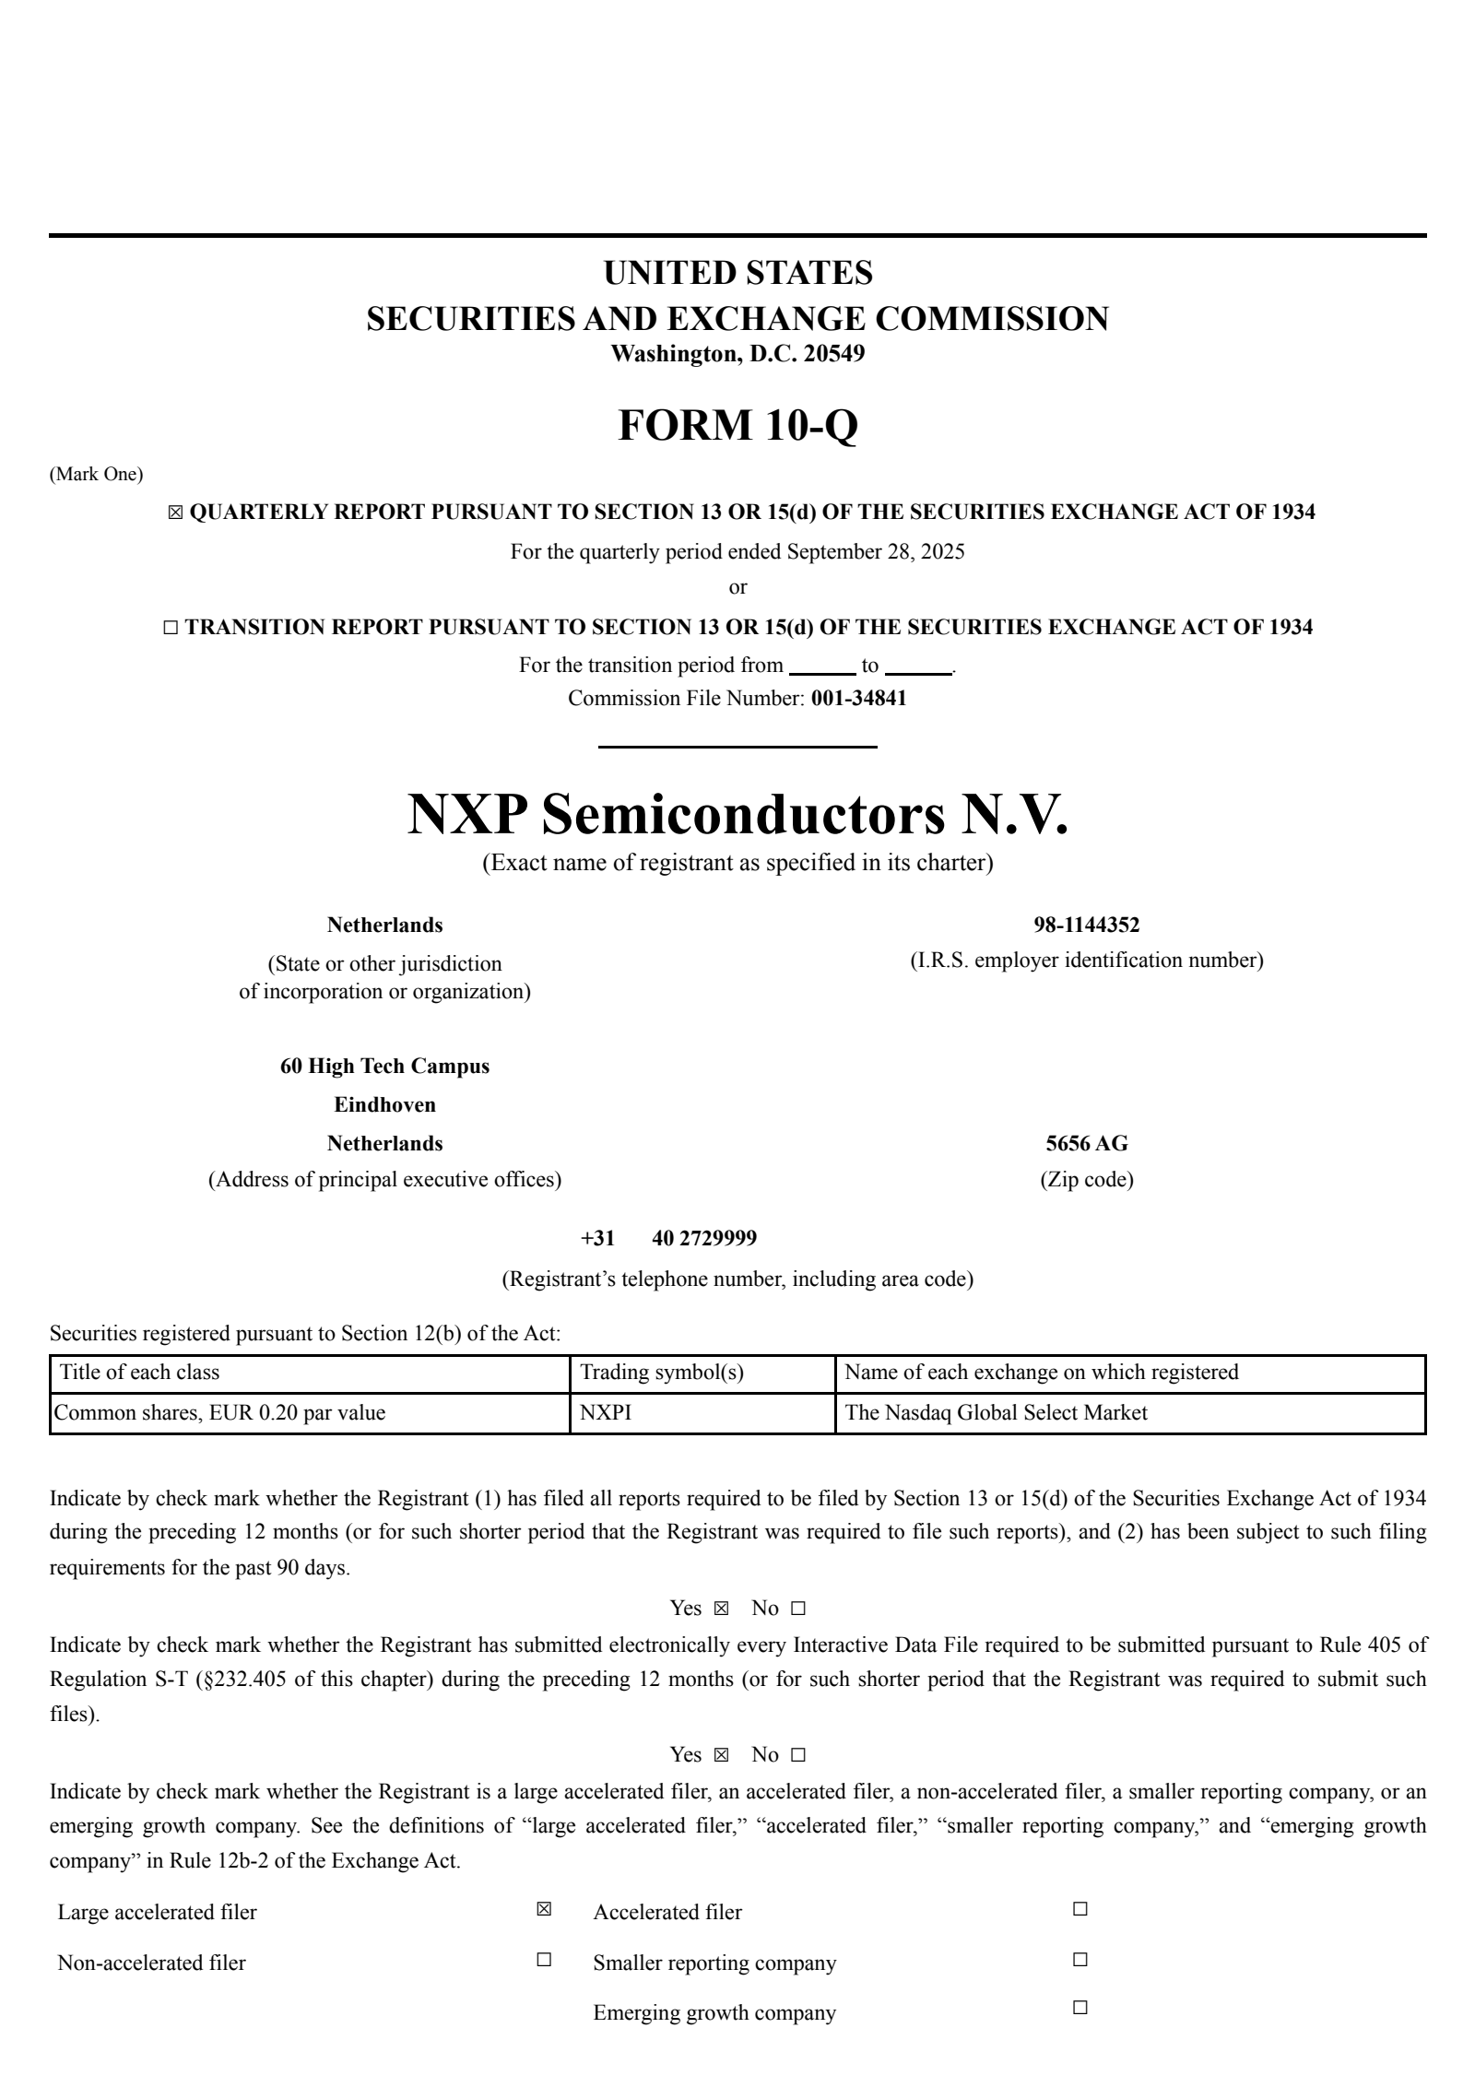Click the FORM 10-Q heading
tap(737, 425)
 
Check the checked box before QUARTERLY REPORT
tap(175, 513)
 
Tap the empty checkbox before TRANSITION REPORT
tap(171, 628)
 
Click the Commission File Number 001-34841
tap(858, 698)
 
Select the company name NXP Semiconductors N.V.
tap(737, 814)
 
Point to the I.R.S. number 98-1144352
tap(1086, 925)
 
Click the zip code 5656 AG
tap(1086, 1143)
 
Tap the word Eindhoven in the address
tap(384, 1104)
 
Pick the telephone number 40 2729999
tap(704, 1238)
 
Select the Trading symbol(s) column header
tap(662, 1372)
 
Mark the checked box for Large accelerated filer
tap(544, 1909)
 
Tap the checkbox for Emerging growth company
tap(1080, 2007)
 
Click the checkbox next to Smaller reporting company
tap(1080, 1959)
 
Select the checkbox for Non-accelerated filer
tap(544, 1959)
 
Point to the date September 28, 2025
tap(876, 552)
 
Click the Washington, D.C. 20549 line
tap(737, 354)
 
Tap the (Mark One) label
tap(96, 475)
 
